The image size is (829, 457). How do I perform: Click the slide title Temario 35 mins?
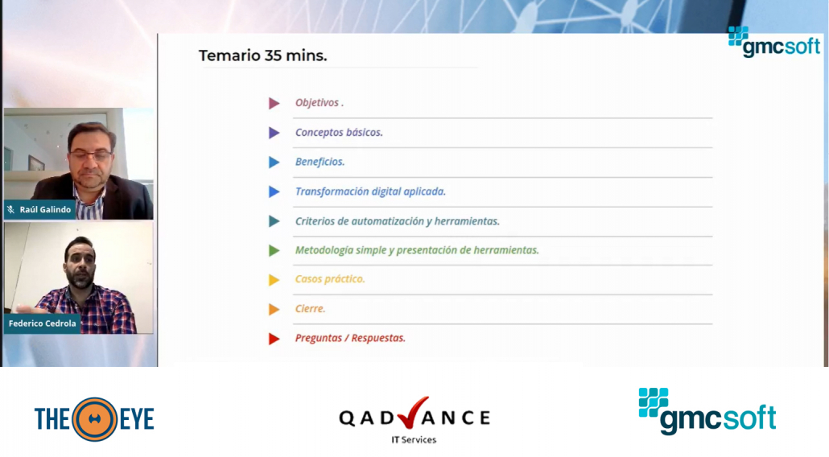tap(262, 56)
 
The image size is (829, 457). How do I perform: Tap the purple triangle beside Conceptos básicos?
tap(274, 133)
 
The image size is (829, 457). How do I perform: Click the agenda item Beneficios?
tap(320, 162)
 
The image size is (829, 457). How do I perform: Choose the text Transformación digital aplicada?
tap(370, 191)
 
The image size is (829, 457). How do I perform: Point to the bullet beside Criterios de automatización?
tap(274, 221)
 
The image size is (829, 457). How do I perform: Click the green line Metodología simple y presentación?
tap(417, 250)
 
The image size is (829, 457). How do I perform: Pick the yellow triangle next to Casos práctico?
tap(274, 280)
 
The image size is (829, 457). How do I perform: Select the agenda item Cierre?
tap(311, 308)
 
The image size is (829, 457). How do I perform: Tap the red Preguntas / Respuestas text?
tap(351, 338)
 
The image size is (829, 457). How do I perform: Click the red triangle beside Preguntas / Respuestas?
tap(274, 339)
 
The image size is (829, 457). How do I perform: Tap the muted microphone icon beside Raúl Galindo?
tap(11, 210)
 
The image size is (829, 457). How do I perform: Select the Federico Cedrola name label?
tap(43, 323)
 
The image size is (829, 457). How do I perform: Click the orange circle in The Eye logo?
tap(95, 419)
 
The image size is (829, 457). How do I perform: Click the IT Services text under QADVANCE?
tap(414, 439)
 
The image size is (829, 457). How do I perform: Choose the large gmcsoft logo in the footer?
tap(707, 411)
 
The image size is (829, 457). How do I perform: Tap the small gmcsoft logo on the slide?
tap(774, 42)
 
